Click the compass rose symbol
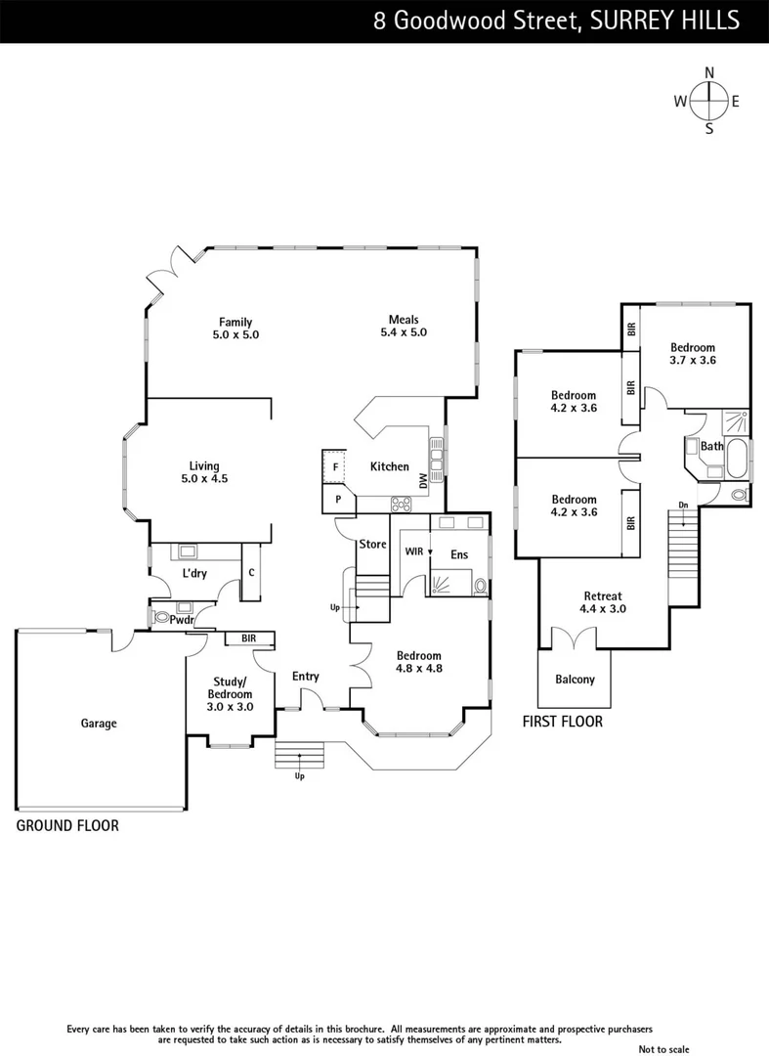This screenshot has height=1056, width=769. (x=708, y=100)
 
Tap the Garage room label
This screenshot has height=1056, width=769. (x=98, y=724)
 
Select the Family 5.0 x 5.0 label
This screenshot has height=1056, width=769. (x=235, y=329)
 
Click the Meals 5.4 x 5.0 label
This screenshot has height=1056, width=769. (x=404, y=326)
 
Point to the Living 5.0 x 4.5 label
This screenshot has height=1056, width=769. (x=204, y=472)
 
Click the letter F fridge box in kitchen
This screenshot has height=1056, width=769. (x=335, y=467)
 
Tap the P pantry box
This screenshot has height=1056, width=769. (x=338, y=499)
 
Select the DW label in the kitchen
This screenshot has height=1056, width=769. (x=423, y=480)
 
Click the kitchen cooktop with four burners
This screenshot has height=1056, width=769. (x=401, y=505)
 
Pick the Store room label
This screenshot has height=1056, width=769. (x=373, y=544)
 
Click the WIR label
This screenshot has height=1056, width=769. (x=414, y=552)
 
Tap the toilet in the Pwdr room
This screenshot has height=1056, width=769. (x=160, y=618)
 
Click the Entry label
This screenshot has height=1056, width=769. (x=306, y=677)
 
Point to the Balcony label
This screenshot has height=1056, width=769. (x=575, y=680)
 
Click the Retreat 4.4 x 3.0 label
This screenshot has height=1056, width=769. (x=603, y=602)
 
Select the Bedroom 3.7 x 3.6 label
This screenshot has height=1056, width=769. (x=692, y=353)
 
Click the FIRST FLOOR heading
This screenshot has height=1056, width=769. (x=561, y=722)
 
